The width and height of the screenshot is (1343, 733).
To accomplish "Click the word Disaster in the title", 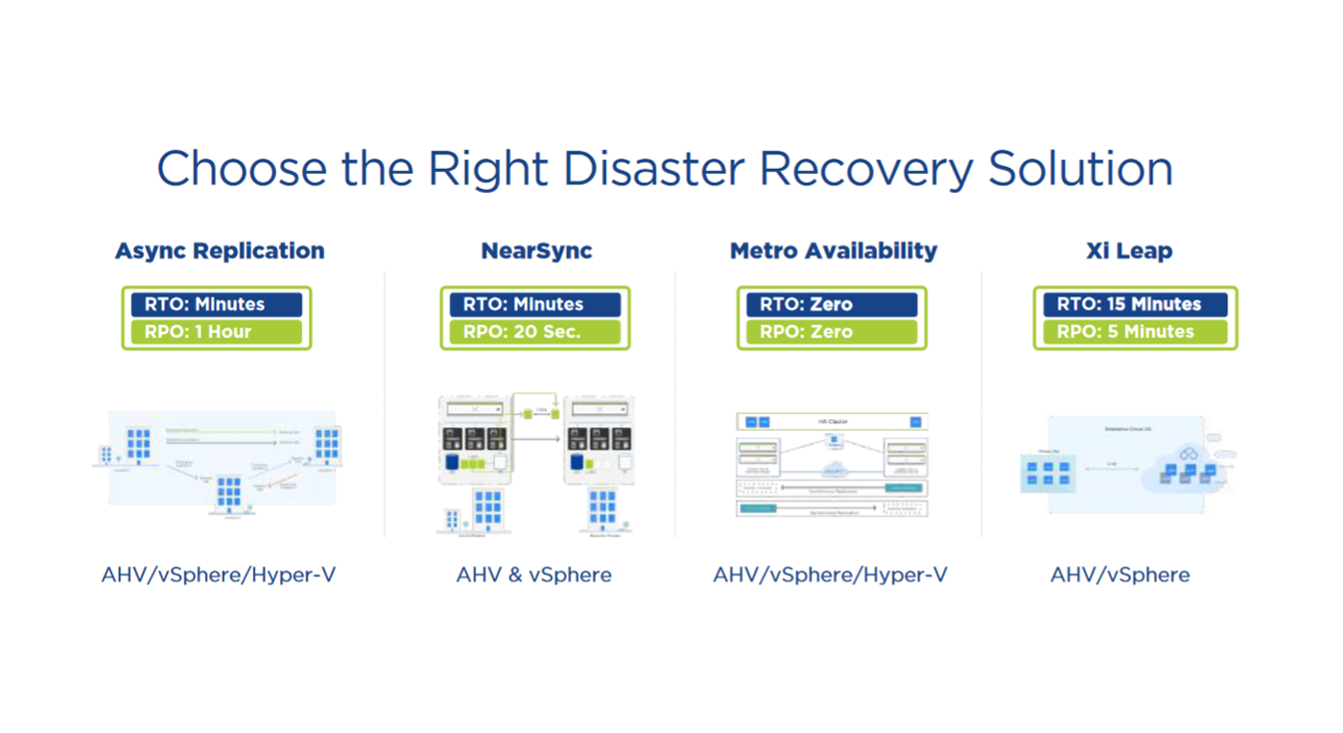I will click(653, 169).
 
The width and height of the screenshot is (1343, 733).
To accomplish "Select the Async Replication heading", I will click(220, 251).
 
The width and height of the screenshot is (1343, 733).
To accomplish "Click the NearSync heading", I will click(536, 251).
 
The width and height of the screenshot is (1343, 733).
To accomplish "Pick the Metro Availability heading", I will click(833, 251).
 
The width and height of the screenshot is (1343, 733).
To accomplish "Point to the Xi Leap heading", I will click(1129, 251).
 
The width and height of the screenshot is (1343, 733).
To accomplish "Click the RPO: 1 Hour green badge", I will click(217, 332).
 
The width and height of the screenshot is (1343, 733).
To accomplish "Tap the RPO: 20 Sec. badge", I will click(535, 332).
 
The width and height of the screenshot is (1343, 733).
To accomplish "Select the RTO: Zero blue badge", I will click(832, 304).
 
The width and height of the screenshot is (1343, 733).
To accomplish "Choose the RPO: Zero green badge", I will click(832, 332).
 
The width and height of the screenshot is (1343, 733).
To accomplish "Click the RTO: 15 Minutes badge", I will click(1135, 304).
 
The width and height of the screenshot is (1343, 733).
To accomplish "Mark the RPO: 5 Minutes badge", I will click(1135, 332).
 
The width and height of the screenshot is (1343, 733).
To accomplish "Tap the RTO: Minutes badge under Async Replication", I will click(217, 304).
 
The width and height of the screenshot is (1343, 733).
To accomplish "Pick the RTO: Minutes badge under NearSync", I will click(535, 304).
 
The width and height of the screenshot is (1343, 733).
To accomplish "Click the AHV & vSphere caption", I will click(533, 575).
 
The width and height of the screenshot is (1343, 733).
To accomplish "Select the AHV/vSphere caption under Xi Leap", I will click(1119, 575).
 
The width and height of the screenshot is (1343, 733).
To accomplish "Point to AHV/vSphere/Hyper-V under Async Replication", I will click(219, 575).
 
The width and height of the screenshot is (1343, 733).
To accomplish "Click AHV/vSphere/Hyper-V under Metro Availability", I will click(830, 575).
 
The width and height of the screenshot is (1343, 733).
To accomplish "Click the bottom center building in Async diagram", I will click(229, 494).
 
